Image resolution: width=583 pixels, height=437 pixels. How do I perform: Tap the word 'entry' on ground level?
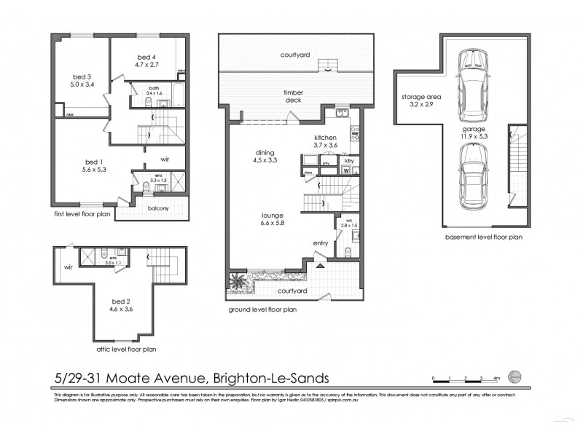(321, 243)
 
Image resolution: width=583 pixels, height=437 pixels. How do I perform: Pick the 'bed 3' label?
(82, 76)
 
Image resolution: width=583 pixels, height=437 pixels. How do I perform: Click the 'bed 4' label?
(146, 56)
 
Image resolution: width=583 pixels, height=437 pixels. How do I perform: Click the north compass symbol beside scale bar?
(516, 377)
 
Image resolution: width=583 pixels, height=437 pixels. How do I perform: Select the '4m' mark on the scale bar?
(497, 379)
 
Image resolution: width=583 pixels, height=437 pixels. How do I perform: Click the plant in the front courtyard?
(238, 283)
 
